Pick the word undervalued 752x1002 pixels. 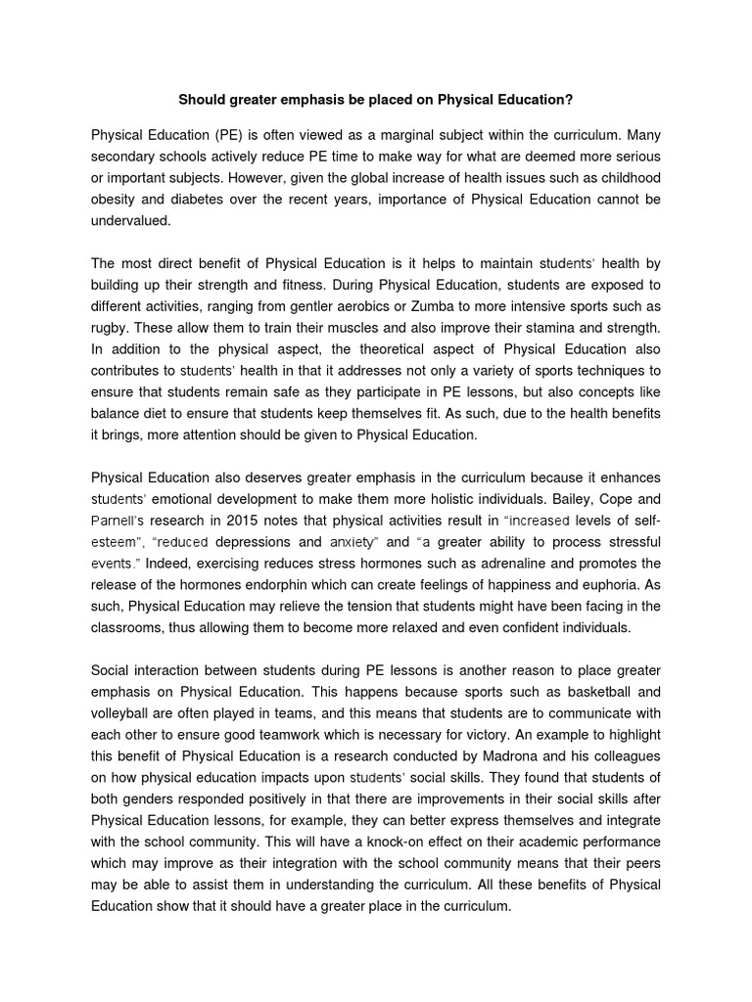[x=130, y=221]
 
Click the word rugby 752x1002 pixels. [x=109, y=328]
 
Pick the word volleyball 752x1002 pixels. [x=121, y=713]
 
